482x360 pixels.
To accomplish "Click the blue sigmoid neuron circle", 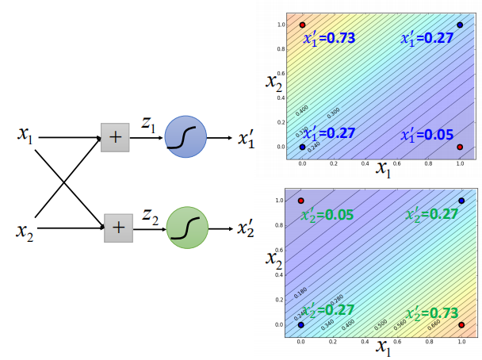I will click(186, 136).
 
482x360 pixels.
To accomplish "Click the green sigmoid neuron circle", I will click(187, 228).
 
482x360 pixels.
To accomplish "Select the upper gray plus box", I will click(115, 136).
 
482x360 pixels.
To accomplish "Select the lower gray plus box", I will click(117, 228).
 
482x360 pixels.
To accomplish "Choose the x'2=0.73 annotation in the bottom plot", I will click(433, 312).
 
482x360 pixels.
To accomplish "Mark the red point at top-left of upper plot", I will click(302, 25).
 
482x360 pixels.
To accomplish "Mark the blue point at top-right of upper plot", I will click(460, 25).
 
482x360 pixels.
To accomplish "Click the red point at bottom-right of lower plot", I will click(461, 324).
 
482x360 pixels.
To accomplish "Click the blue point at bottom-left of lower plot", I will click(301, 324).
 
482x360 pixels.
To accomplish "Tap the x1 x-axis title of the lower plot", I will click(383, 347).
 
